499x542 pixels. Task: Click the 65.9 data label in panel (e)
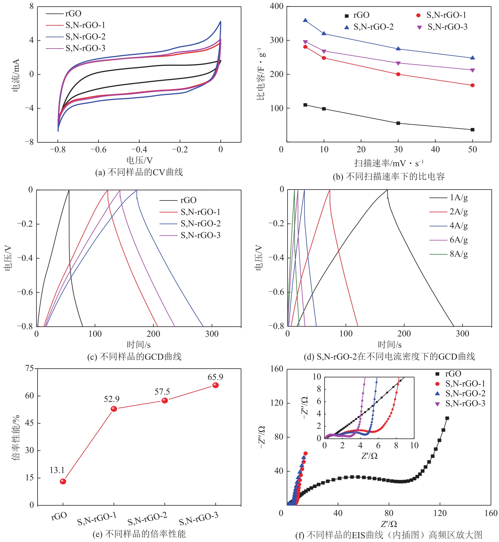click(x=215, y=377)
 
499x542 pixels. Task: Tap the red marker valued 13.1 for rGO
click(x=63, y=481)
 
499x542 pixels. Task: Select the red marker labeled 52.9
click(x=114, y=409)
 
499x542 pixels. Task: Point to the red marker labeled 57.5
click(x=165, y=400)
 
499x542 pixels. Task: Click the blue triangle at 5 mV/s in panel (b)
click(x=305, y=20)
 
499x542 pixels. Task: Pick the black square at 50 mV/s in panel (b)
click(x=473, y=130)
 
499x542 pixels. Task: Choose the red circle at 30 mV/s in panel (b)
click(x=398, y=74)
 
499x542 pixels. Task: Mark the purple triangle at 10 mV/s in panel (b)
click(x=324, y=51)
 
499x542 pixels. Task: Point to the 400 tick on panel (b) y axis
click(x=277, y=6)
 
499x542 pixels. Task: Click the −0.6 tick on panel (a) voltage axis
click(x=98, y=150)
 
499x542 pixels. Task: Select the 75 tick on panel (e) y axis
click(x=29, y=368)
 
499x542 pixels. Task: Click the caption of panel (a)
click(x=139, y=172)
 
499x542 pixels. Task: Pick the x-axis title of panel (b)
click(x=389, y=163)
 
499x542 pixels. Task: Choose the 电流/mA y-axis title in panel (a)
click(x=16, y=75)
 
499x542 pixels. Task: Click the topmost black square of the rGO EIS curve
click(x=447, y=418)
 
